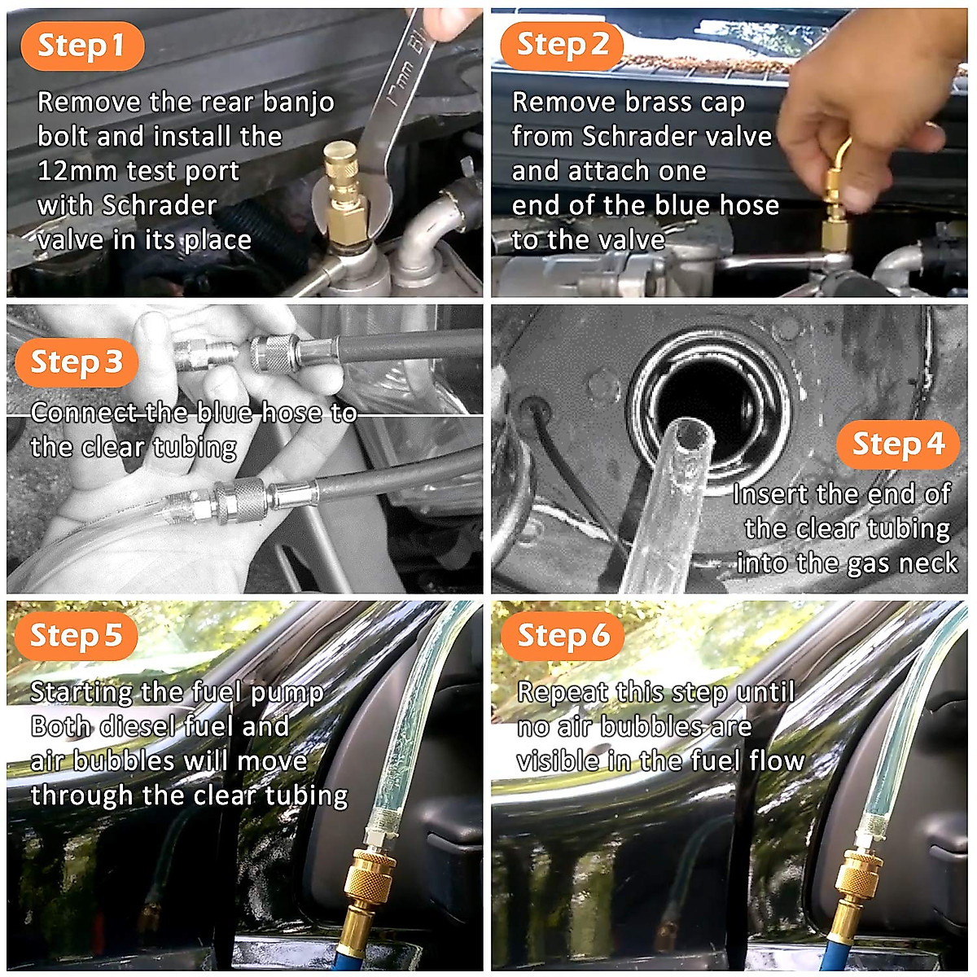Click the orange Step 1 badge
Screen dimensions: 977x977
point(81,46)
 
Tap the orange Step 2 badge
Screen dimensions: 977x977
point(561,46)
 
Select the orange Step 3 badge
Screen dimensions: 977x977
point(77,362)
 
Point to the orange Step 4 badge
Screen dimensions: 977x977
point(898,445)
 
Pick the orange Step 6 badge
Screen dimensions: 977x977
point(563,636)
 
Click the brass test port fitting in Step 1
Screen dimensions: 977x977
point(345,195)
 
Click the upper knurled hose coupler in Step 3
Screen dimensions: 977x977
point(275,353)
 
